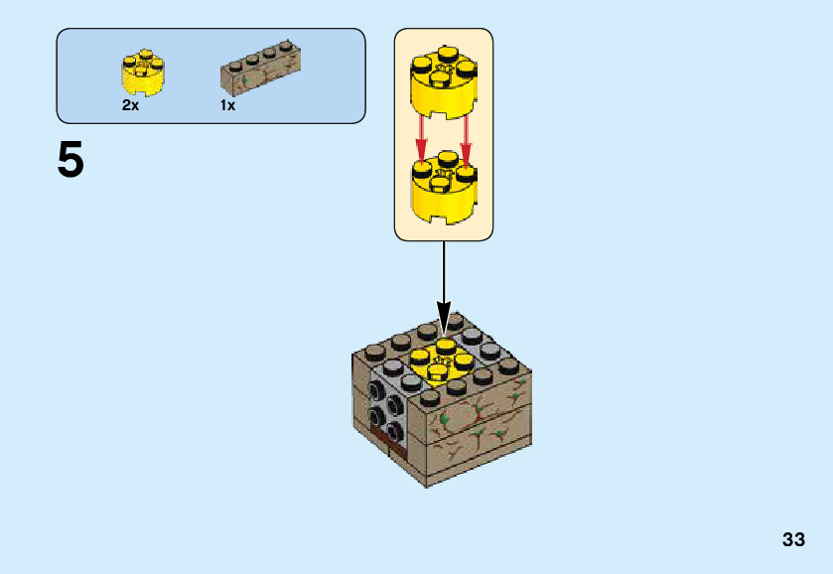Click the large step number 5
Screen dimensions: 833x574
70,160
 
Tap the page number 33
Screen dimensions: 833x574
793,540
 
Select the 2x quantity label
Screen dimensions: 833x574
130,105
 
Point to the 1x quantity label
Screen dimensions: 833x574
227,105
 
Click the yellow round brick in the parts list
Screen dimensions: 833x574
143,72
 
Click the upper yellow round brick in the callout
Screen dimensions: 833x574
443,83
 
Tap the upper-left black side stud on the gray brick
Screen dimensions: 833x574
378,387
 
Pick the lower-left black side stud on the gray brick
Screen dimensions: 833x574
377,418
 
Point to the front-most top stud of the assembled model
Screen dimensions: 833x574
430,395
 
